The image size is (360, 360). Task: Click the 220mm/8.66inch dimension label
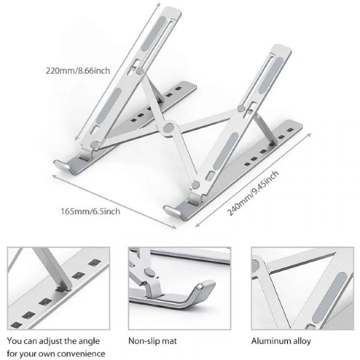tap(78, 70)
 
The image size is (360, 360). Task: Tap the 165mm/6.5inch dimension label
tap(90, 211)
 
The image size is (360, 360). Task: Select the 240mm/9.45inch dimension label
tap(253, 193)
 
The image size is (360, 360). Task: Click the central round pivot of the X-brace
tap(169, 128)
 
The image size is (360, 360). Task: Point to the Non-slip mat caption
tap(152, 341)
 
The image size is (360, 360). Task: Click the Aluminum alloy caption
tap(281, 341)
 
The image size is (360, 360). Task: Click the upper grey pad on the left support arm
tap(154, 33)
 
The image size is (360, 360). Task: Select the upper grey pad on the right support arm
tap(271, 75)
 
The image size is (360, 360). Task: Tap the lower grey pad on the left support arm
tap(109, 106)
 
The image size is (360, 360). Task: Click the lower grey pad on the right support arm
tap(226, 151)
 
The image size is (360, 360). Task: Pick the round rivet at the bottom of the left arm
tap(94, 145)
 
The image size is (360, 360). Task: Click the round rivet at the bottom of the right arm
tap(196, 185)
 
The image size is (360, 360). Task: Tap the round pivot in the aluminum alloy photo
tap(256, 266)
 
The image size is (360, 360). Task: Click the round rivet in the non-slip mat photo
tap(149, 273)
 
